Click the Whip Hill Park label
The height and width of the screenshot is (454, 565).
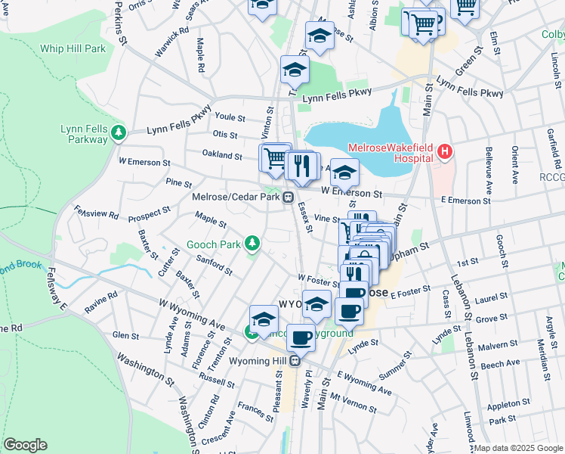point(73,48)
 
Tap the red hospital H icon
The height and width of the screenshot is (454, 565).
point(445,153)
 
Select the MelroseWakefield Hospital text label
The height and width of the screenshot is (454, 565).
point(390,153)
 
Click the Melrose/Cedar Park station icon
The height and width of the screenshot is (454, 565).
point(288,198)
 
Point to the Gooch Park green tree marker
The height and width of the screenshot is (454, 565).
point(252,244)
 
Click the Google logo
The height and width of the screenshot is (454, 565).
point(25,445)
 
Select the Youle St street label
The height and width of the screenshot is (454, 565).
point(230,118)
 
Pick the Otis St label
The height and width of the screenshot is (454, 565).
point(225,135)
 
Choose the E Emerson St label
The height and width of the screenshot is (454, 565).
point(465,201)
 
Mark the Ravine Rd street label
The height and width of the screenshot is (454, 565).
point(101,301)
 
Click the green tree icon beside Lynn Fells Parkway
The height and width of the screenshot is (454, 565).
point(118,133)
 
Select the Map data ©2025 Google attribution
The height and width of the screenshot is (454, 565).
point(518,448)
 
